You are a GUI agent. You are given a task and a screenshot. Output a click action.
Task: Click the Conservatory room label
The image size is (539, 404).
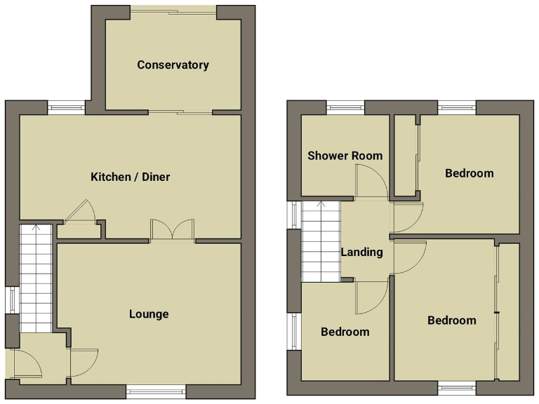click(x=173, y=65)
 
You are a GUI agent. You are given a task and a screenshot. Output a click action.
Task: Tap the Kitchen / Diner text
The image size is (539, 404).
click(x=131, y=177)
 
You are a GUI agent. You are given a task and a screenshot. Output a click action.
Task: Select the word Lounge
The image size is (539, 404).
click(x=149, y=314)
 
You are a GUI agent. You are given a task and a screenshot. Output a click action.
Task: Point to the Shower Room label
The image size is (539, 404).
click(x=345, y=155)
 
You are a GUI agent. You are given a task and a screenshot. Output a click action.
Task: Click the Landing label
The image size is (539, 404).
click(x=361, y=252)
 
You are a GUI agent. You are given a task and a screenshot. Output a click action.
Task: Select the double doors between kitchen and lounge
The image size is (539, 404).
click(x=172, y=231)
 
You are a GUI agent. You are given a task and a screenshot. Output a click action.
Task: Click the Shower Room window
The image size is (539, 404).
click(x=345, y=108)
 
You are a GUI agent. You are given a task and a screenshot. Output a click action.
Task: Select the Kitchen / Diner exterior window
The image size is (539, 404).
click(x=67, y=108)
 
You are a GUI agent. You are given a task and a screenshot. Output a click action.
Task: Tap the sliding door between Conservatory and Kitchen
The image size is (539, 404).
click(x=180, y=112)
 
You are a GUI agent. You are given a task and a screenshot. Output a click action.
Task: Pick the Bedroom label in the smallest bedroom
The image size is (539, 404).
click(x=345, y=332)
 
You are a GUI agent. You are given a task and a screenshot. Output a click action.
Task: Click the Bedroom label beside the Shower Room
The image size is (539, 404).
click(x=469, y=173)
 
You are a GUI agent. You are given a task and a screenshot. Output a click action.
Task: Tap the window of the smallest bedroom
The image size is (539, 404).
click(x=293, y=332)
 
